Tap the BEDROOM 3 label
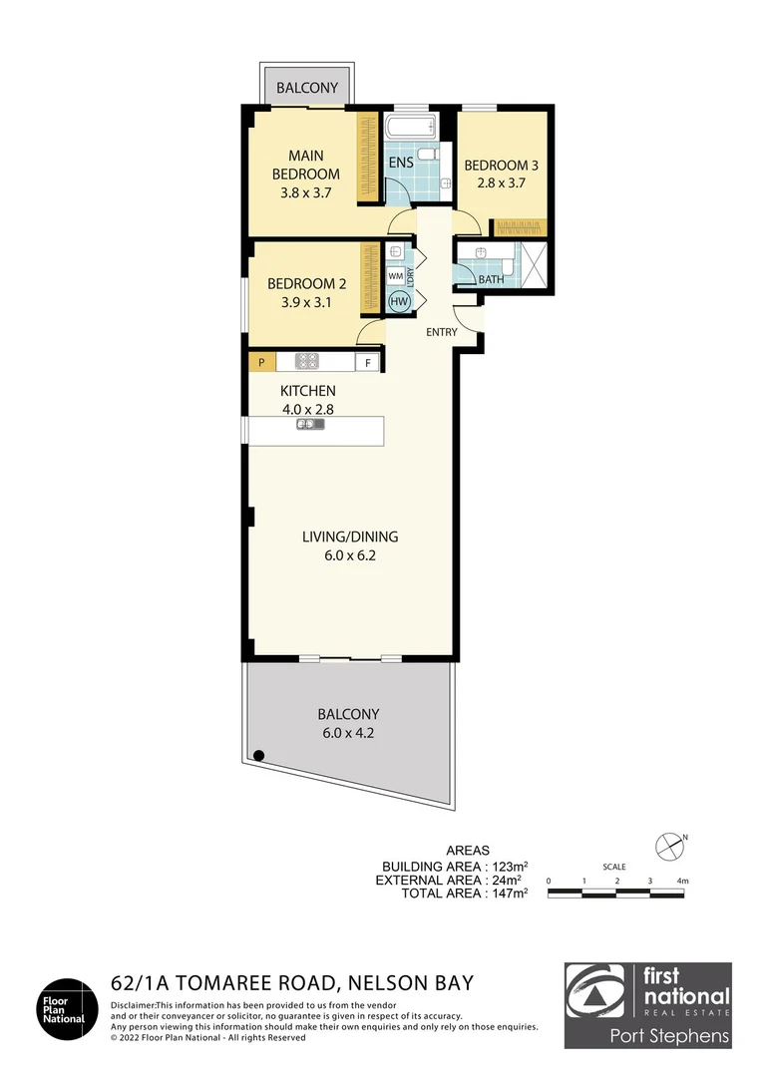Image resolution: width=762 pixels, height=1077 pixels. point(495,165)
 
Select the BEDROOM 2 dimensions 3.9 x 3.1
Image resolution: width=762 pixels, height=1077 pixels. point(299,301)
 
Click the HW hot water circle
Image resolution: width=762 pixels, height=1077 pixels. point(398,302)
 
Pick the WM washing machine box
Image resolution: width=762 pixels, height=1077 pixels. point(396,275)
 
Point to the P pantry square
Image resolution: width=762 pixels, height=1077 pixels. point(261,363)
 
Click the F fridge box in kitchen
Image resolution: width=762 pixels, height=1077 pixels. point(368,363)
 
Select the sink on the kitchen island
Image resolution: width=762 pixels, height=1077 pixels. point(310,425)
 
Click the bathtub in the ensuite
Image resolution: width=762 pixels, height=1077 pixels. point(411,128)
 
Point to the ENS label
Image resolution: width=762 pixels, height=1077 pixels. point(401,164)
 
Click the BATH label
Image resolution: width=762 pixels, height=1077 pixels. point(491,280)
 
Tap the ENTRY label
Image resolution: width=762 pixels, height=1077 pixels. point(441,332)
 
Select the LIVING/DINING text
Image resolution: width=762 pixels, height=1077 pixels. point(350,537)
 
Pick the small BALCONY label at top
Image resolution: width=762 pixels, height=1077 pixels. point(307,89)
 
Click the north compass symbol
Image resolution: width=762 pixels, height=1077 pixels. point(667,846)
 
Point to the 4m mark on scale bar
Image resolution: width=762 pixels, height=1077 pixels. point(682,881)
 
